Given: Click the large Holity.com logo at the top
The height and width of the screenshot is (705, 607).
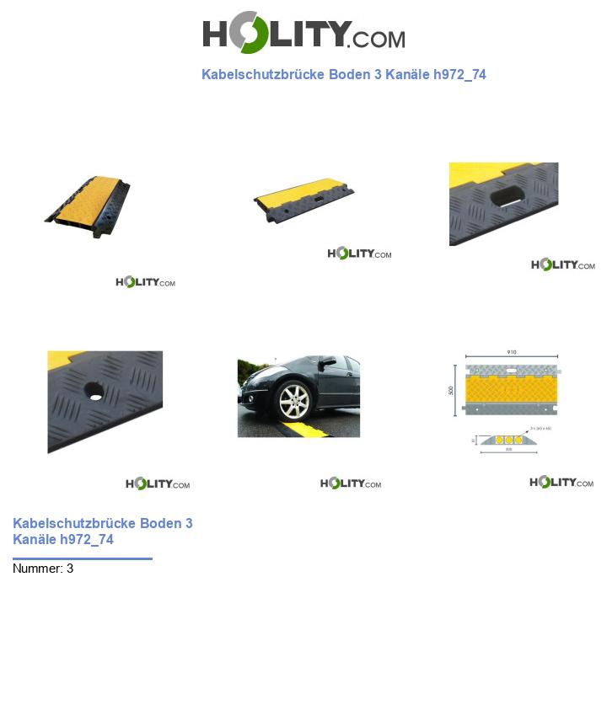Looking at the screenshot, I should point(303,33).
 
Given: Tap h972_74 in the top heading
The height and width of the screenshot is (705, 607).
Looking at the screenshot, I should point(459,74).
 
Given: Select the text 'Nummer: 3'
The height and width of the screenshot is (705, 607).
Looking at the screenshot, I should point(43,569).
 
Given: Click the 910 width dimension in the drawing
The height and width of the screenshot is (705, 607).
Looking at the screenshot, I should point(512,353).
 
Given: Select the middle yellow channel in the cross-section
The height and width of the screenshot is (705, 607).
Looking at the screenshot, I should point(510,441).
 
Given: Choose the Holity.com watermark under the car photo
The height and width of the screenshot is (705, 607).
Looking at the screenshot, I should point(351,483).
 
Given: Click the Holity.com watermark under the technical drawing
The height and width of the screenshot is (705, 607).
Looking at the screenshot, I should point(561,483).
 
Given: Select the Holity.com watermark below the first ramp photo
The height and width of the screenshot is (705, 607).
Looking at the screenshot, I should point(145,282).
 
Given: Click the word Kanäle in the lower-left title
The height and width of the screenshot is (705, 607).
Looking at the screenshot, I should point(35,539).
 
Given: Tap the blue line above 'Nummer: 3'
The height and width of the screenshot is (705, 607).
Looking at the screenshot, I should point(83,558).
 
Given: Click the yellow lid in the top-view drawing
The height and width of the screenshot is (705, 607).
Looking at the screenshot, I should point(512,391).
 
